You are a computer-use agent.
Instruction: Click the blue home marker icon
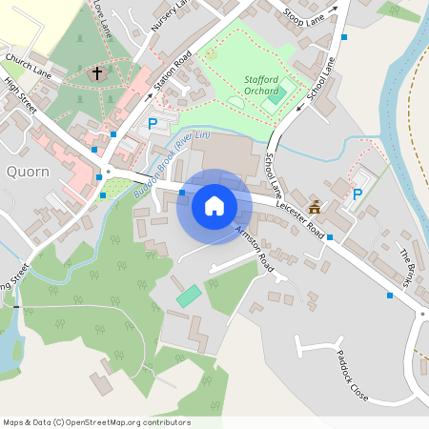(x=214, y=206)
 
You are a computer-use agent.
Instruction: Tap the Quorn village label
(x=28, y=172)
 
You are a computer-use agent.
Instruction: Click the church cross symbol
(x=96, y=73)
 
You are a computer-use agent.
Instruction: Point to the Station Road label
(x=174, y=68)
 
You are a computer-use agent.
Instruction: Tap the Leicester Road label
(x=301, y=220)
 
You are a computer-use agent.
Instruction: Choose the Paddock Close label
(x=351, y=374)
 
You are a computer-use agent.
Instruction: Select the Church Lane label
(x=28, y=66)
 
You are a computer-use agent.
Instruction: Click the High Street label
(x=20, y=95)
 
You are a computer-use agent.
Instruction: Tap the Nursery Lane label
(x=170, y=16)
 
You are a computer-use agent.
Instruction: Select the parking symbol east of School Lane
(x=357, y=194)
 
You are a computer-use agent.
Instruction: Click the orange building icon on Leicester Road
(x=315, y=207)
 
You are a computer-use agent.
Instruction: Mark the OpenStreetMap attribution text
(x=95, y=422)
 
